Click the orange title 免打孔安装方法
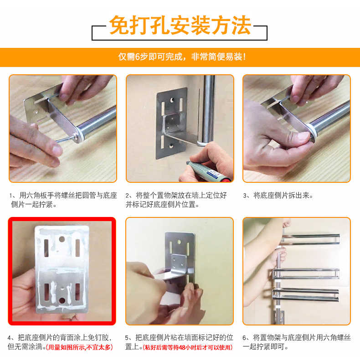(x=180, y=26)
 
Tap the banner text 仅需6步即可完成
(x=150, y=57)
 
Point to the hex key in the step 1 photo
(x=65, y=139)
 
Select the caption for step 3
(x=278, y=196)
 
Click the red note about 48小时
(x=187, y=347)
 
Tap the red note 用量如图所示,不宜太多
(x=79, y=347)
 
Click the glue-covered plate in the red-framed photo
(x=62, y=269)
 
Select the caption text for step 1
(x=63, y=200)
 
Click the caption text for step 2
(x=176, y=200)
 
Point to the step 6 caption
(x=297, y=342)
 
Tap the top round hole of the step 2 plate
(x=172, y=100)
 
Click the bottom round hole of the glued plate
(x=62, y=301)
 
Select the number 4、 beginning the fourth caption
(x=12, y=338)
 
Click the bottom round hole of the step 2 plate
(x=171, y=146)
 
